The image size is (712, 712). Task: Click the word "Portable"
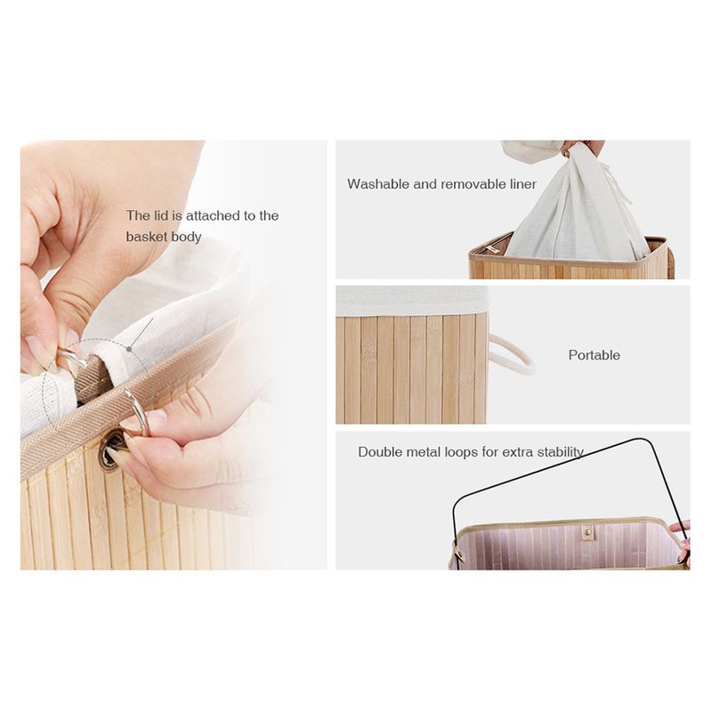pos(594,355)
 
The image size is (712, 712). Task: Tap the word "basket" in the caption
pos(145,237)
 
